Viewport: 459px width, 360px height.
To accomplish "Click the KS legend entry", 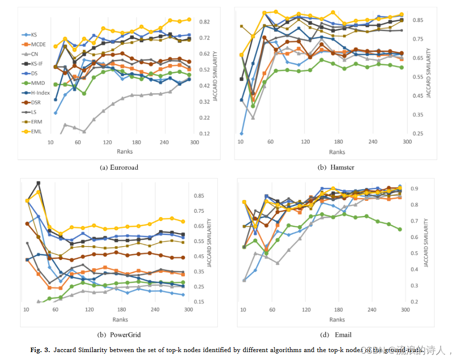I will pyautogui.click(x=34, y=35).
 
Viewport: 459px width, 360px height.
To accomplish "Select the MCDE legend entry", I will pyautogui.click(x=38, y=44).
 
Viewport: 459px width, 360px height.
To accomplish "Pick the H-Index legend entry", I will pyautogui.click(x=40, y=93).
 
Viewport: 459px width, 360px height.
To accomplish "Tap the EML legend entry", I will pyautogui.click(x=36, y=131).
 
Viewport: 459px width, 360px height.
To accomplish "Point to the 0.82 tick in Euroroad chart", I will pyautogui.click(x=204, y=22).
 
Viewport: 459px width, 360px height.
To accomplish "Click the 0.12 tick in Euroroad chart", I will pyautogui.click(x=204, y=134).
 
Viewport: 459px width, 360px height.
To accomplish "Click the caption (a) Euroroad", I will pyautogui.click(x=119, y=167).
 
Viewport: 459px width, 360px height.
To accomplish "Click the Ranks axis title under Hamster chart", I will pyautogui.click(x=337, y=152).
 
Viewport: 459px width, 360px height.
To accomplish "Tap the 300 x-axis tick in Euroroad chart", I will pyautogui.click(x=194, y=143).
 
